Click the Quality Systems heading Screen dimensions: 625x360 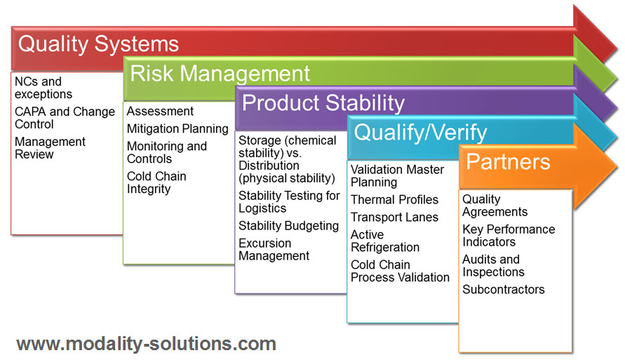pyautogui.click(x=98, y=44)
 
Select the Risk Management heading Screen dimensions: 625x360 pyautogui.click(x=220, y=74)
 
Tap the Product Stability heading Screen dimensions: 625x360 pyautogui.click(x=323, y=103)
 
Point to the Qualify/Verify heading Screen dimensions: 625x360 pyautogui.click(x=420, y=133)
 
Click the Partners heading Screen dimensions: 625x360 pyautogui.click(x=509, y=161)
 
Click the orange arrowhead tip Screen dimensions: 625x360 pyautogui.click(x=617, y=166)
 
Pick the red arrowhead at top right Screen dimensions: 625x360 pyautogui.click(x=596, y=34)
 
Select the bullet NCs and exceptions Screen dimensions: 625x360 pyautogui.click(x=43, y=88)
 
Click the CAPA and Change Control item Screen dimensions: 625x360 pyautogui.click(x=65, y=118)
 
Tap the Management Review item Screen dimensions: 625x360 pyautogui.click(x=50, y=147)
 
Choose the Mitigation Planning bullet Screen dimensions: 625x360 pyautogui.click(x=177, y=128)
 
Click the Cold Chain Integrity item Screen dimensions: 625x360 pyautogui.click(x=156, y=182)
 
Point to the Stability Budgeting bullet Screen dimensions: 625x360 pyautogui.click(x=288, y=226)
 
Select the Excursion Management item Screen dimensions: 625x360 pyautogui.click(x=274, y=249)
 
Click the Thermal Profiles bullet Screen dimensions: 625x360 pyautogui.click(x=394, y=199)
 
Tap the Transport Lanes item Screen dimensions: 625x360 pyautogui.click(x=394, y=217)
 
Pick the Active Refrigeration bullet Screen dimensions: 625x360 pyautogui.click(x=384, y=241)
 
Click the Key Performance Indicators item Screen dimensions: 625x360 pyautogui.click(x=509, y=235)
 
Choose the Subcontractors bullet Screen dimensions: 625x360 pyautogui.click(x=504, y=289)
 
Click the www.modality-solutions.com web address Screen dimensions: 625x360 pyautogui.click(x=147, y=344)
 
